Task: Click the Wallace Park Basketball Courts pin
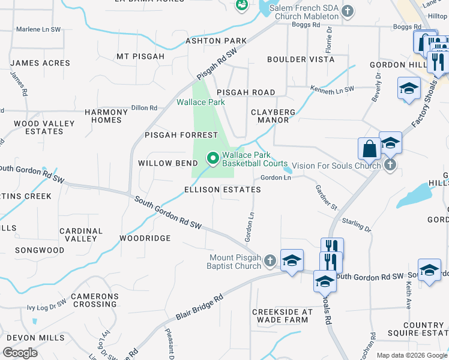pos(212,159)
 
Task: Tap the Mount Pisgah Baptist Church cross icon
pos(270,260)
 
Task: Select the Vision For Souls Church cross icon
pos(390,165)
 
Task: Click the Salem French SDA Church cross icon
pos(347,11)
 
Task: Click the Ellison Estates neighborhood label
pos(223,190)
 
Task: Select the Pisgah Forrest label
pos(181,135)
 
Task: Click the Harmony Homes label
pos(106,116)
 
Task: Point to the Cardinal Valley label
pos(82,235)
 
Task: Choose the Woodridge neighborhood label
pos(145,238)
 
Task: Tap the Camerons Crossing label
pos(95,300)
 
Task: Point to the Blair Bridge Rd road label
pos(199,307)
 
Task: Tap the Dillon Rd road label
pos(144,107)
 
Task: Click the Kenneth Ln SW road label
pos(333,89)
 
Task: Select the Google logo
pos(20,353)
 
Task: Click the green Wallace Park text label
pos(200,102)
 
